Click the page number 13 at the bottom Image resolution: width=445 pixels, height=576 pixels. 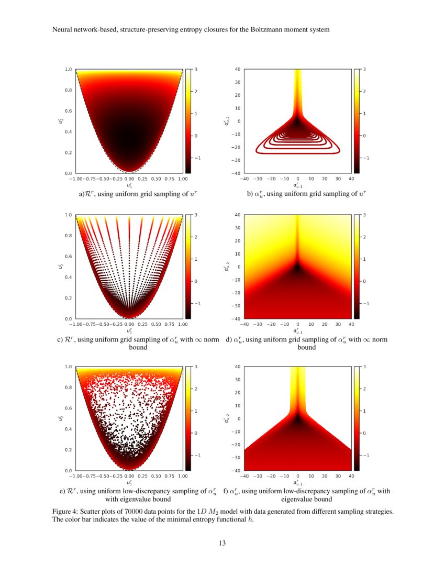point(222,543)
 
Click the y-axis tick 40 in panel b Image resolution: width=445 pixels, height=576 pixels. point(238,69)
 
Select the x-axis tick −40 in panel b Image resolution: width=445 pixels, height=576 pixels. point(243,179)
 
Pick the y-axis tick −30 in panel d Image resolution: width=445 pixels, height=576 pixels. point(237,306)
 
